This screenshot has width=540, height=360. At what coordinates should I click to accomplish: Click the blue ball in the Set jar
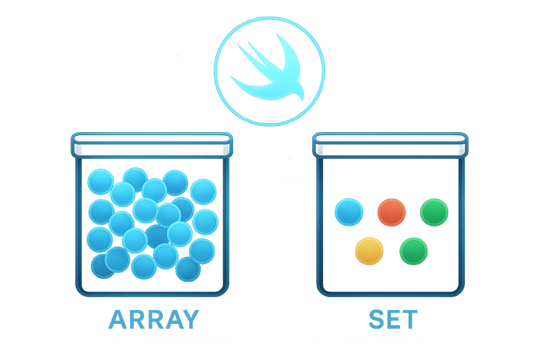(349, 212)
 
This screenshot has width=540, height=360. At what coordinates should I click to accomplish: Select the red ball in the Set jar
(391, 212)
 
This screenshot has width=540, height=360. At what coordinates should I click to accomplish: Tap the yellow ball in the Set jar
(369, 251)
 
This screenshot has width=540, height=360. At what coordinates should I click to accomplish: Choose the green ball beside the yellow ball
(414, 251)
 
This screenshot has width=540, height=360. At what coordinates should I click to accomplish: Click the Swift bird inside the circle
(274, 72)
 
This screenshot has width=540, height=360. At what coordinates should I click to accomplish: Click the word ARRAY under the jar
(153, 319)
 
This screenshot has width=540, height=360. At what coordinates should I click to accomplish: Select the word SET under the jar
(393, 319)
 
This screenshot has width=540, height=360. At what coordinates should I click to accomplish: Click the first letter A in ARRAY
(118, 319)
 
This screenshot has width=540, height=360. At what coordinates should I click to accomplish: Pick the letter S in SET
(377, 319)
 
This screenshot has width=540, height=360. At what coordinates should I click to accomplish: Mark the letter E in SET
(393, 319)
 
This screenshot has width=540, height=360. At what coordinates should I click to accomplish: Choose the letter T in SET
(409, 319)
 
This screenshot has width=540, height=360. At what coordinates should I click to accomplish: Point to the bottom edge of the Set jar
(390, 295)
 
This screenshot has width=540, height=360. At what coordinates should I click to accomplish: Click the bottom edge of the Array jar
(152, 295)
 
